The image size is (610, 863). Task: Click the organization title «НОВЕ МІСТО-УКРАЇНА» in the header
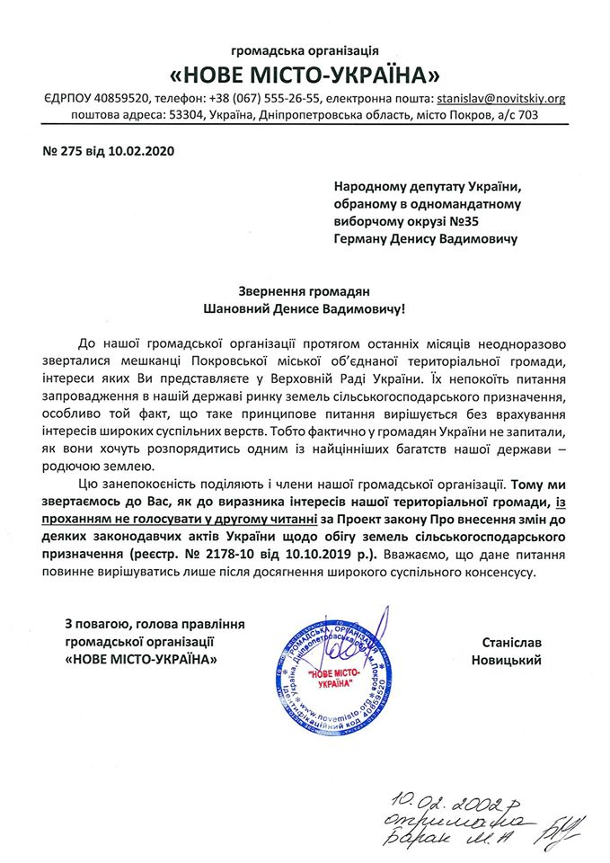(305, 71)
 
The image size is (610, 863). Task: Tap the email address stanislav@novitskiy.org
(500, 98)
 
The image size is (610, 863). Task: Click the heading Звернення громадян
(305, 290)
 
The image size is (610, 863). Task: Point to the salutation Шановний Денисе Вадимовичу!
(305, 308)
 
